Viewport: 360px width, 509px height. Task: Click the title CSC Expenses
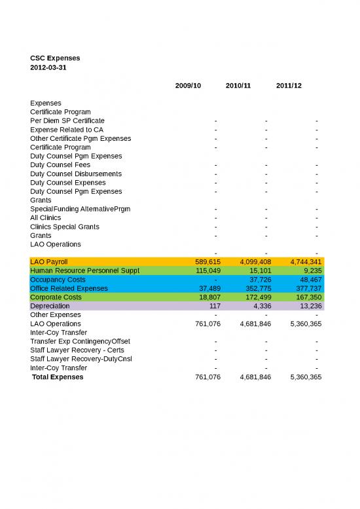coord(55,58)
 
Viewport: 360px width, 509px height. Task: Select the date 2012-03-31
coord(48,67)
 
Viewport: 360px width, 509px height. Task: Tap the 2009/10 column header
coord(188,86)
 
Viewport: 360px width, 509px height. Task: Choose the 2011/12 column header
coord(289,86)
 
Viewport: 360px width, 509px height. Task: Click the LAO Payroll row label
coord(48,262)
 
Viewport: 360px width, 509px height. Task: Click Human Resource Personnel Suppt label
coord(84,271)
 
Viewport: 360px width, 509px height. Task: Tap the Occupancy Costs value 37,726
coord(256,280)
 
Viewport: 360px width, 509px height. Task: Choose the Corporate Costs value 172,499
coord(254,297)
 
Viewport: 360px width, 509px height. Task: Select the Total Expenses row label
coord(58,377)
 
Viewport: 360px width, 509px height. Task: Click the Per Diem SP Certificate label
coord(67,121)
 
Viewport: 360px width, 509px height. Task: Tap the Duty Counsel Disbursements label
coord(75,174)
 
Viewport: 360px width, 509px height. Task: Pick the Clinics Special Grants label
coord(65,227)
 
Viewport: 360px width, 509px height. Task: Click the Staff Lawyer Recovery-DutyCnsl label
coord(81,359)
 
